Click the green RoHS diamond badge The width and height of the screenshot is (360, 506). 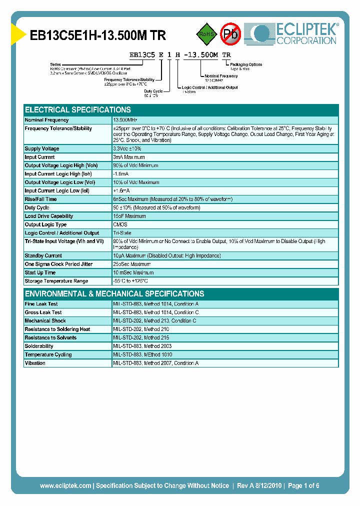[206, 34]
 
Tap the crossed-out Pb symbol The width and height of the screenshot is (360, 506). [230, 34]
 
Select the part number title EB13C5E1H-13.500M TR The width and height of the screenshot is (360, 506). [98, 35]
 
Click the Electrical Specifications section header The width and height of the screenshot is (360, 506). [78, 110]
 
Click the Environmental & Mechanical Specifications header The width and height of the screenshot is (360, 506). [114, 294]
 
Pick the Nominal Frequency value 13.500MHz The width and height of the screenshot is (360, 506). [125, 120]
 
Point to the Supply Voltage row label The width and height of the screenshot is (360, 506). [41, 149]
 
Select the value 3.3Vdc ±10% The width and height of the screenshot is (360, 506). [127, 149]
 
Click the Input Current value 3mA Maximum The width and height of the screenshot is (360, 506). [128, 157]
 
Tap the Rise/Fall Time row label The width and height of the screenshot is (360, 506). [40, 199]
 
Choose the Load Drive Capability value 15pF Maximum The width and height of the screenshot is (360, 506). [129, 216]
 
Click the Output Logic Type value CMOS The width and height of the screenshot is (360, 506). [120, 225]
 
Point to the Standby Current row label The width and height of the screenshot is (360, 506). [43, 256]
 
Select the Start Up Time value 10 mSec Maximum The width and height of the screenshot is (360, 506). [132, 273]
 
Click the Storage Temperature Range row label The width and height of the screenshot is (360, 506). [56, 281]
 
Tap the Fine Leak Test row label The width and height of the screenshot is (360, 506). [41, 304]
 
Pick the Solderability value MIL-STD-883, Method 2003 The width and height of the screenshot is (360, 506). [142, 346]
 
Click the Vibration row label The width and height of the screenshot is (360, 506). [35, 363]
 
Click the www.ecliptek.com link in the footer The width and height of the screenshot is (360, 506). [65, 486]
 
